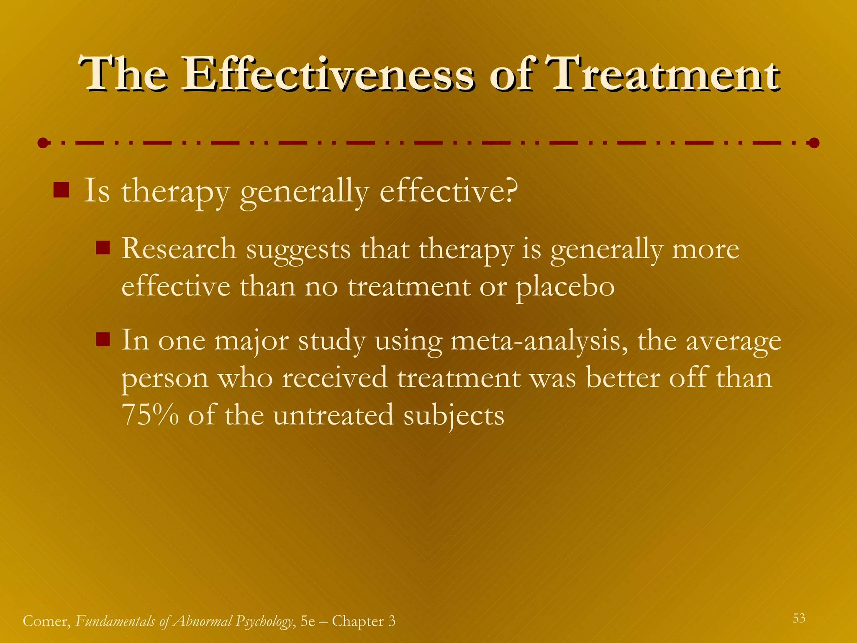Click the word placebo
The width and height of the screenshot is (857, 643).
(565, 288)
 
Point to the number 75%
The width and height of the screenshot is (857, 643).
(150, 415)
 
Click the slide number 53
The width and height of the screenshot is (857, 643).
(799, 618)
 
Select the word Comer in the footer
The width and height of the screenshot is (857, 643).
(46, 621)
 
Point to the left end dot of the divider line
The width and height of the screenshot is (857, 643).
(42, 143)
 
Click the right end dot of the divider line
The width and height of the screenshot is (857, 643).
(814, 143)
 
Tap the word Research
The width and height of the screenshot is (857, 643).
(179, 249)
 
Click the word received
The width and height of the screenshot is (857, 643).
(335, 378)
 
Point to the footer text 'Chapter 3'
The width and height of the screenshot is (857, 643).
(363, 621)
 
